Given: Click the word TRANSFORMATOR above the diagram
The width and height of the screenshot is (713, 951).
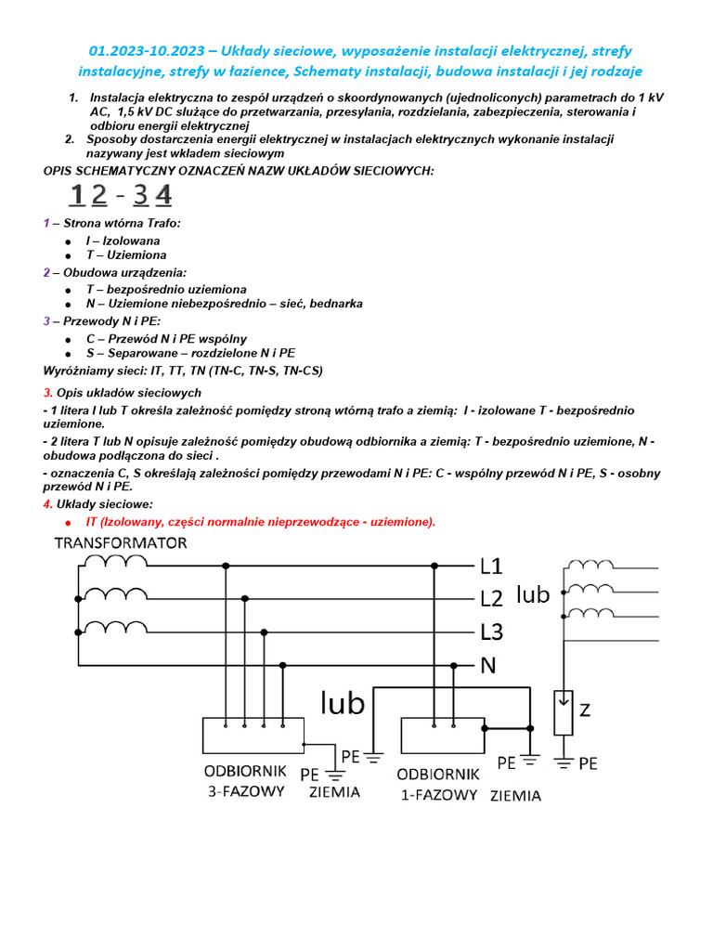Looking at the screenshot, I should pos(120,543).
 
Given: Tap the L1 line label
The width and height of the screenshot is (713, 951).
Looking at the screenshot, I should pos(491,566).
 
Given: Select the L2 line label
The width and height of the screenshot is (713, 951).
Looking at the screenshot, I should pos(491,599).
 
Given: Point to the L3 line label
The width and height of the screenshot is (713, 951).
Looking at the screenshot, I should pos(491,632).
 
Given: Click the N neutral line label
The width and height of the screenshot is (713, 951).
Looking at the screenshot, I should pos(488,666).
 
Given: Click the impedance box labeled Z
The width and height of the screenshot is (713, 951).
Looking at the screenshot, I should pos(563,712).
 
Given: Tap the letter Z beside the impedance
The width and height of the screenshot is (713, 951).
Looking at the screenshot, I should pos(585,710).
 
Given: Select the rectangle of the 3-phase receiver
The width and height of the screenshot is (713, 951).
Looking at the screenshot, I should pos(253,736).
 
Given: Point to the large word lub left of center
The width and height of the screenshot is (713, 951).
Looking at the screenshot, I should pos(344,703).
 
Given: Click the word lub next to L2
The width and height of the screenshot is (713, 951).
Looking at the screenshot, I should pos(533,594).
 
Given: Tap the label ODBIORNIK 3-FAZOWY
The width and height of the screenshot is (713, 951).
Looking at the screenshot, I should pos(245,781).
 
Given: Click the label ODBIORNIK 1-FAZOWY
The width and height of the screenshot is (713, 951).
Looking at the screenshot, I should pos(437,784).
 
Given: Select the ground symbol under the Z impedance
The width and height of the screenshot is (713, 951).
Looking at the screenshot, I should pos(563,762).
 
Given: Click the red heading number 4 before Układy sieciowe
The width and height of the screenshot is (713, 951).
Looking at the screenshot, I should pos(46,504).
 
